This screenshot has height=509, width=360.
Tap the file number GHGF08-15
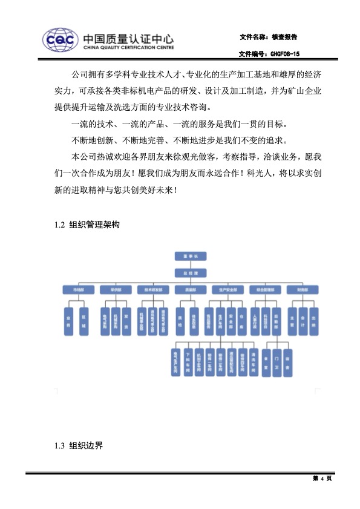[284, 54]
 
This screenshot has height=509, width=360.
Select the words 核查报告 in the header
[285, 37]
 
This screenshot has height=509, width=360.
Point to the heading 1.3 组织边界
[79, 446]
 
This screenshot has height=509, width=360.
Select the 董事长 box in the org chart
[191, 256]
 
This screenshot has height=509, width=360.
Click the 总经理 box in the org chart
[191, 273]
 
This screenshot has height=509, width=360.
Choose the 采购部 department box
[113, 290]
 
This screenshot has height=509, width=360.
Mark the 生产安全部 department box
[227, 290]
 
